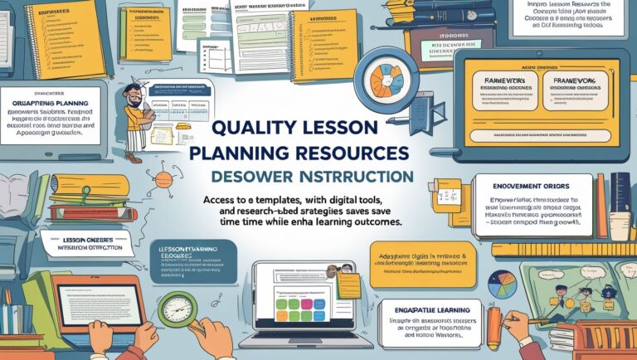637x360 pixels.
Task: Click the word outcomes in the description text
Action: click(x=369, y=223)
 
